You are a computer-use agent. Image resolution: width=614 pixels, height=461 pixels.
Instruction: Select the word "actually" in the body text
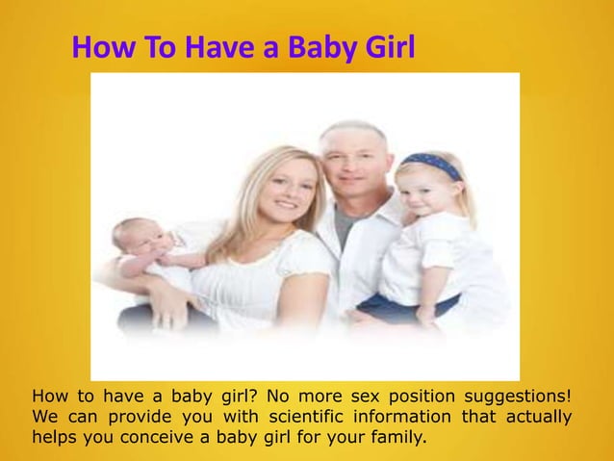(535, 418)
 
